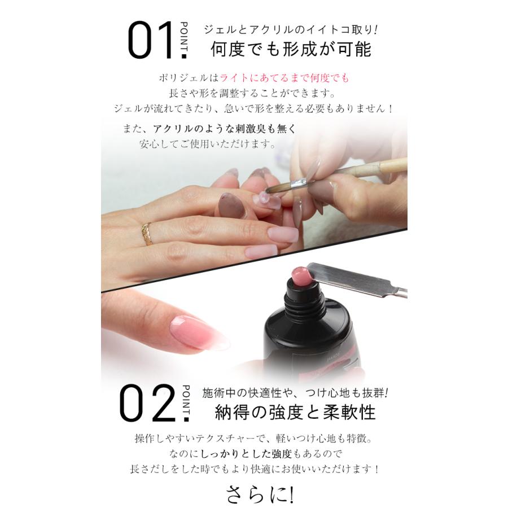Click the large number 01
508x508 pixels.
point(151,41)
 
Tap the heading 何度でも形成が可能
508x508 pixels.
point(291,50)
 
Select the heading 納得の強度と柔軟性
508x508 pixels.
point(295,412)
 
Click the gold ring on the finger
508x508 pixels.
point(147,233)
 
